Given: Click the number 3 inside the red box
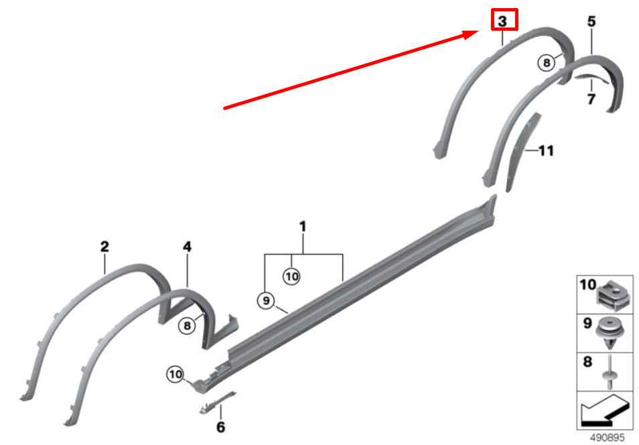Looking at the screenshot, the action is pos(502,21).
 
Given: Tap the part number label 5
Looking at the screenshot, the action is pos(591,22).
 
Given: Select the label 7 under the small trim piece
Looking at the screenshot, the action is pos(591,100).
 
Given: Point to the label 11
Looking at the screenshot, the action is pos(546,151).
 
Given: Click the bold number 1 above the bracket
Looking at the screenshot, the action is pos(303,227).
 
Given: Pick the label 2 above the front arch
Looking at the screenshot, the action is pos(104,247).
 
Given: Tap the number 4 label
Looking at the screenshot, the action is pos(188,247).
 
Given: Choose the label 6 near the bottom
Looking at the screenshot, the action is pos(220,426).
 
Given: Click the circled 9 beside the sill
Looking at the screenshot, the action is pos(266,302).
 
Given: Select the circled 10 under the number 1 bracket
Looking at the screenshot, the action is pos(291,275).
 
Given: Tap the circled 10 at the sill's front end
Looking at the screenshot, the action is pos(175,375).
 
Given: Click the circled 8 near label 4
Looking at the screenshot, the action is pos(187,326).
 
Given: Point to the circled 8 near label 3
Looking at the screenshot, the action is pos(547,63).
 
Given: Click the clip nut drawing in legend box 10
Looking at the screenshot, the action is pos(611,295).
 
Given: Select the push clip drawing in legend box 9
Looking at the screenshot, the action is pos(611,332).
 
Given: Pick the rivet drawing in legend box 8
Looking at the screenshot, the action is pos(611,372).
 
